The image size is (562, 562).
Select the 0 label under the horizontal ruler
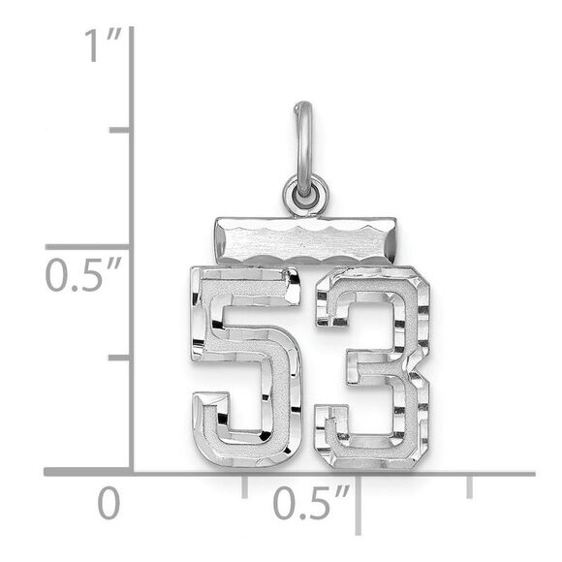pos(109,504)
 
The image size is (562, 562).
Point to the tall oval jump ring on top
pos(303,145)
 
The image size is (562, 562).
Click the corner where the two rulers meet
pos(131,472)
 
